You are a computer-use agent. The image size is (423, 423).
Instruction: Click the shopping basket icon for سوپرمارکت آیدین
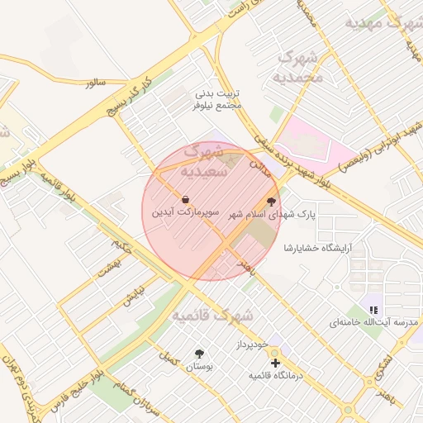click(185, 199)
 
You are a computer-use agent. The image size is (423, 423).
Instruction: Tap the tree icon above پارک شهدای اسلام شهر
click(271, 202)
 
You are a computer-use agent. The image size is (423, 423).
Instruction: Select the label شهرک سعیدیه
click(201, 162)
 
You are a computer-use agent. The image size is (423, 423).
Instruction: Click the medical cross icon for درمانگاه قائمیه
click(275, 363)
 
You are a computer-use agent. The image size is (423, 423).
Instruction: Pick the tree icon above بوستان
click(198, 353)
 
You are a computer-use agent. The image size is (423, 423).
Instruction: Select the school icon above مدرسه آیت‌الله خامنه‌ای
click(373, 310)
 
